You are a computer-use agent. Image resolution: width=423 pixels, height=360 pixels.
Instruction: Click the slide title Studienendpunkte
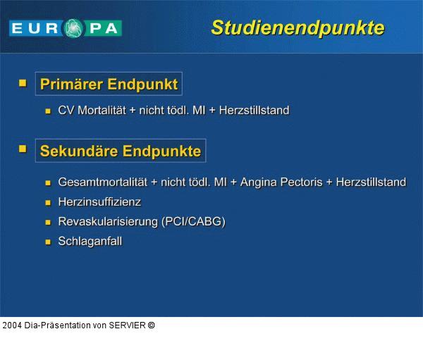298,27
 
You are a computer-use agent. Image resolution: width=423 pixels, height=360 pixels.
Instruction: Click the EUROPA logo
66,28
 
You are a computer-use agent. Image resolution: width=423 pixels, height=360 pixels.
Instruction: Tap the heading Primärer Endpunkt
109,85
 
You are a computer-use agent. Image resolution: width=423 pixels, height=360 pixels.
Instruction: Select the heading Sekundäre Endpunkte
120,151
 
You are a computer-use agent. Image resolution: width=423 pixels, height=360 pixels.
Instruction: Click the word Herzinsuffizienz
99,201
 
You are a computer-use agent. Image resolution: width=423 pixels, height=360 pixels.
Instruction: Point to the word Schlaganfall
90,241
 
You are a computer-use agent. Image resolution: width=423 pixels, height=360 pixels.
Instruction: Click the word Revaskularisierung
108,221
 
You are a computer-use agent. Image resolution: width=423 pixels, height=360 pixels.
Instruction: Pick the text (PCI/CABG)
193,221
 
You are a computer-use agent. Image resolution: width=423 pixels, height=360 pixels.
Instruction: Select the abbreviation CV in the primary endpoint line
66,110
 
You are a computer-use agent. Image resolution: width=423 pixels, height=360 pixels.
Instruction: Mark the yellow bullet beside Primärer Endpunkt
23,83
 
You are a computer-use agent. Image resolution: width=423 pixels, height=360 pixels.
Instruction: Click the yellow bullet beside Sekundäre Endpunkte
23,149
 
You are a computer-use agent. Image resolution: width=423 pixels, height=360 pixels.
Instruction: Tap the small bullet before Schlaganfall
48,242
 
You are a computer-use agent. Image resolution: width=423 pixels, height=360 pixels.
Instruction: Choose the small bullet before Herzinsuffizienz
48,202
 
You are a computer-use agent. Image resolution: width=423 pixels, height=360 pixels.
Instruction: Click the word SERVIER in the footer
127,325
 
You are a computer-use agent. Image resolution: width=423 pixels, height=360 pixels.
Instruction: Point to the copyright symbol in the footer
151,325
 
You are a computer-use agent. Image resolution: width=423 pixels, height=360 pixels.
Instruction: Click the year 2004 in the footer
11,325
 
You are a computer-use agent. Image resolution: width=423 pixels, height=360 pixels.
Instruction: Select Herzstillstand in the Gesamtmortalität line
371,182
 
